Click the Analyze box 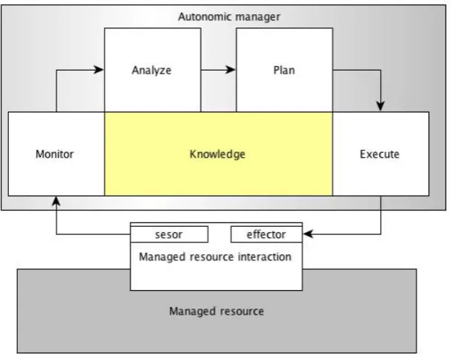[152, 70]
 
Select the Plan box [284, 70]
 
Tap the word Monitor [54, 154]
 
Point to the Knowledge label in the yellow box [217, 154]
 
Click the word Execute [379, 154]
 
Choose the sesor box [170, 234]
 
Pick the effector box [266, 234]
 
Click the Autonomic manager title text [229, 16]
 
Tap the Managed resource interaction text [215, 257]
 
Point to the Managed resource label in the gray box [216, 311]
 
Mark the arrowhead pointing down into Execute [381, 106]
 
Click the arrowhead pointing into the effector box [308, 234]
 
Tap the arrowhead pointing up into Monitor [57, 202]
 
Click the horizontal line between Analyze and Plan [218, 69]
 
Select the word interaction [265, 257]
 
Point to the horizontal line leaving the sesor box [94, 234]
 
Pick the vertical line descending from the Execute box [381, 215]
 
